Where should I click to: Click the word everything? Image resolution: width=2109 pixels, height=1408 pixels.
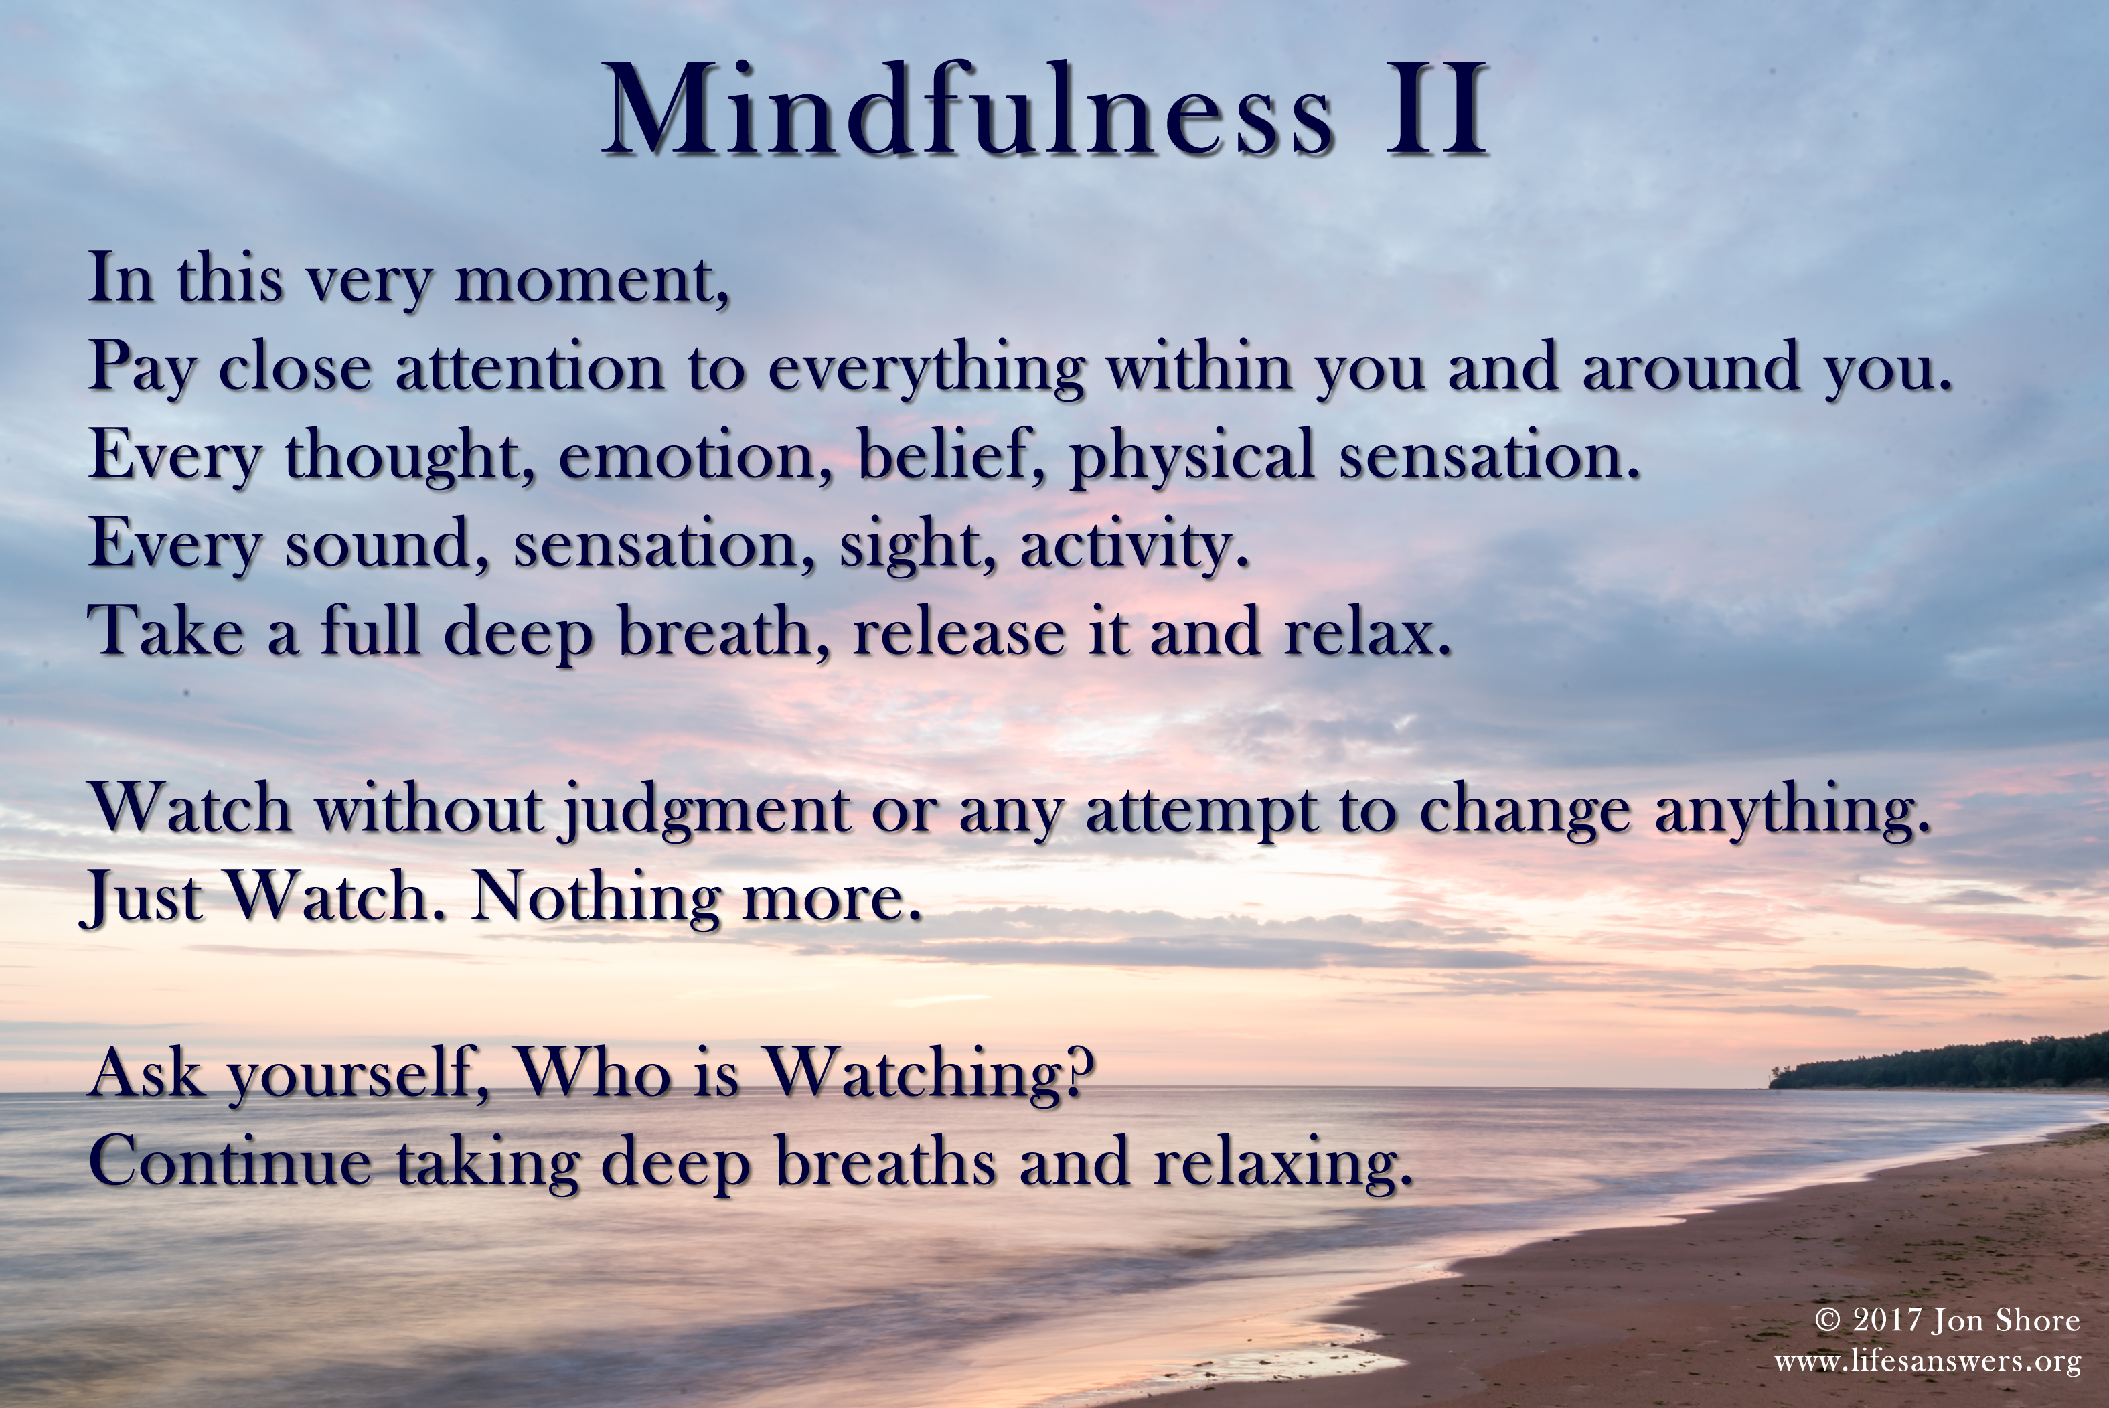coord(926,369)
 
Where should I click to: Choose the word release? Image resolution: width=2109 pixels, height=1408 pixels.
coord(958,631)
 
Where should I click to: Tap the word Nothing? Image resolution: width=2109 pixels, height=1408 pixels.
coord(595,897)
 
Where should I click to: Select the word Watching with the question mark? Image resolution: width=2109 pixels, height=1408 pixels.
coord(929,1073)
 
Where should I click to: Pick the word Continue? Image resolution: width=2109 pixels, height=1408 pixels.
coord(230,1161)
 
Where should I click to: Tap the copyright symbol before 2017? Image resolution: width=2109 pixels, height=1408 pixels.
coord(1828,1319)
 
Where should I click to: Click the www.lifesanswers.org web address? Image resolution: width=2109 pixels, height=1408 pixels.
coord(1928,1361)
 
